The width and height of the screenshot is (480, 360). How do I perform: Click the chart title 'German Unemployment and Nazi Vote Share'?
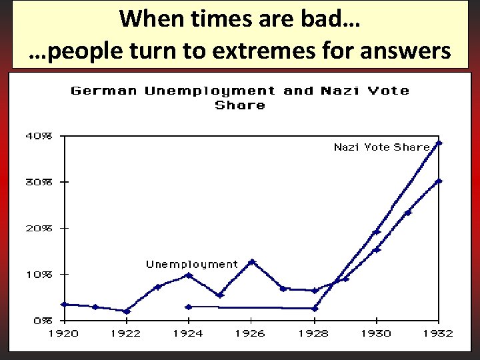click(x=240, y=97)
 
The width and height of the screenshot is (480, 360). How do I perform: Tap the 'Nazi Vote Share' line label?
click(x=381, y=147)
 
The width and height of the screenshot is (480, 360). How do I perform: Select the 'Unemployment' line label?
click(x=192, y=265)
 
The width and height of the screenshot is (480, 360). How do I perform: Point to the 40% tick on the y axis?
click(x=37, y=135)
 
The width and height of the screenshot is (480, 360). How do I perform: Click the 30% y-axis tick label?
click(x=37, y=181)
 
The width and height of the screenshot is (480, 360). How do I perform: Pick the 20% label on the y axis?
click(x=37, y=227)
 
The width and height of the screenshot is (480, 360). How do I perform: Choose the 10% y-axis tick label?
click(x=37, y=274)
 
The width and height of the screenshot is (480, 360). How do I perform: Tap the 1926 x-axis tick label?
click(x=251, y=333)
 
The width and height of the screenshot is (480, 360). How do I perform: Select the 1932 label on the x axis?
click(x=439, y=333)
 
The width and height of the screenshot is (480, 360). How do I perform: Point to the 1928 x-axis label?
click(x=314, y=333)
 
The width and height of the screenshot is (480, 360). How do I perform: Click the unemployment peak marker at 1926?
click(x=251, y=262)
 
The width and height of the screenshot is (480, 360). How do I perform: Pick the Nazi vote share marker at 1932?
click(x=439, y=143)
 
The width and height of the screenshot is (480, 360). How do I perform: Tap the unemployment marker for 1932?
click(x=439, y=181)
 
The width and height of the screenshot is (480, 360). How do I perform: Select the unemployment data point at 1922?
click(x=127, y=311)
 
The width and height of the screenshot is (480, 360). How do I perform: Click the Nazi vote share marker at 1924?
click(x=189, y=307)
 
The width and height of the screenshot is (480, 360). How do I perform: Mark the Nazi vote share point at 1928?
click(x=315, y=309)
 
